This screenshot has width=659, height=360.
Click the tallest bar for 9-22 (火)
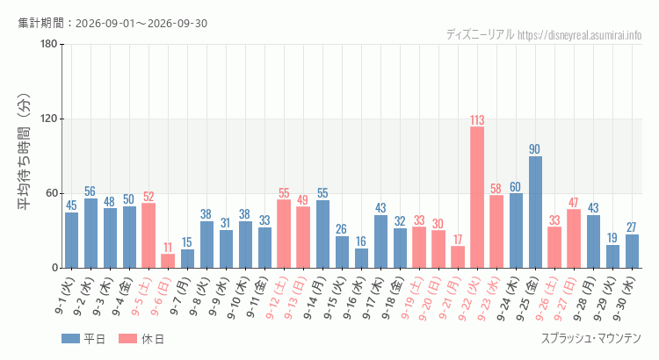pos(477,197)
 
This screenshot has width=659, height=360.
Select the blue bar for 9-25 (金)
pos(535,212)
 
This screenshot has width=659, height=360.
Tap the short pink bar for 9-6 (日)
pos(168,261)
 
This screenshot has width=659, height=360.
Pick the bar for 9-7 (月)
pos(187,259)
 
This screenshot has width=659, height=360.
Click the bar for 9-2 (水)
pos(91,234)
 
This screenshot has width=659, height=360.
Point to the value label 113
pos(477,120)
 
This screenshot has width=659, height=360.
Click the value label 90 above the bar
pos(534,149)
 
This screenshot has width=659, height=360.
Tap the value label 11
pos(168,247)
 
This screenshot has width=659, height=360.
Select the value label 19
pos(612,238)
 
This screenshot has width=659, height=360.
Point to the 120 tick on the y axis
pos(49,119)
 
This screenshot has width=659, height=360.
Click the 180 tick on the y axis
pos(49,44)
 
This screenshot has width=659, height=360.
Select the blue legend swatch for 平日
pos(70,339)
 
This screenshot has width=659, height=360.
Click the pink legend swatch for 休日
pos(127,339)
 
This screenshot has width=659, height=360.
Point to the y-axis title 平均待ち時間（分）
pos(24,152)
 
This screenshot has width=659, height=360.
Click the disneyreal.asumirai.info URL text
pos(580,35)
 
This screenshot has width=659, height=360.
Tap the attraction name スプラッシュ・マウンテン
pos(591,338)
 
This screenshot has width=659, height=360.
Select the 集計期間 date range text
pos(112,23)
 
